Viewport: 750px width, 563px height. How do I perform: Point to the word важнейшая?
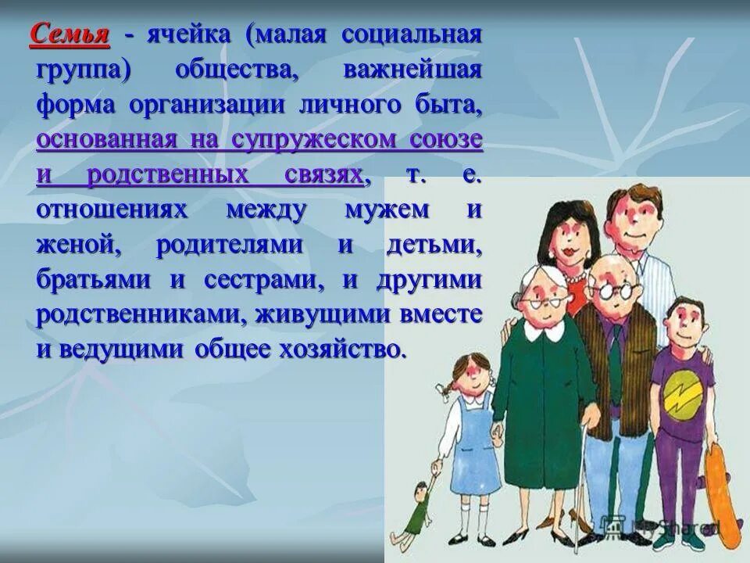click(412, 70)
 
